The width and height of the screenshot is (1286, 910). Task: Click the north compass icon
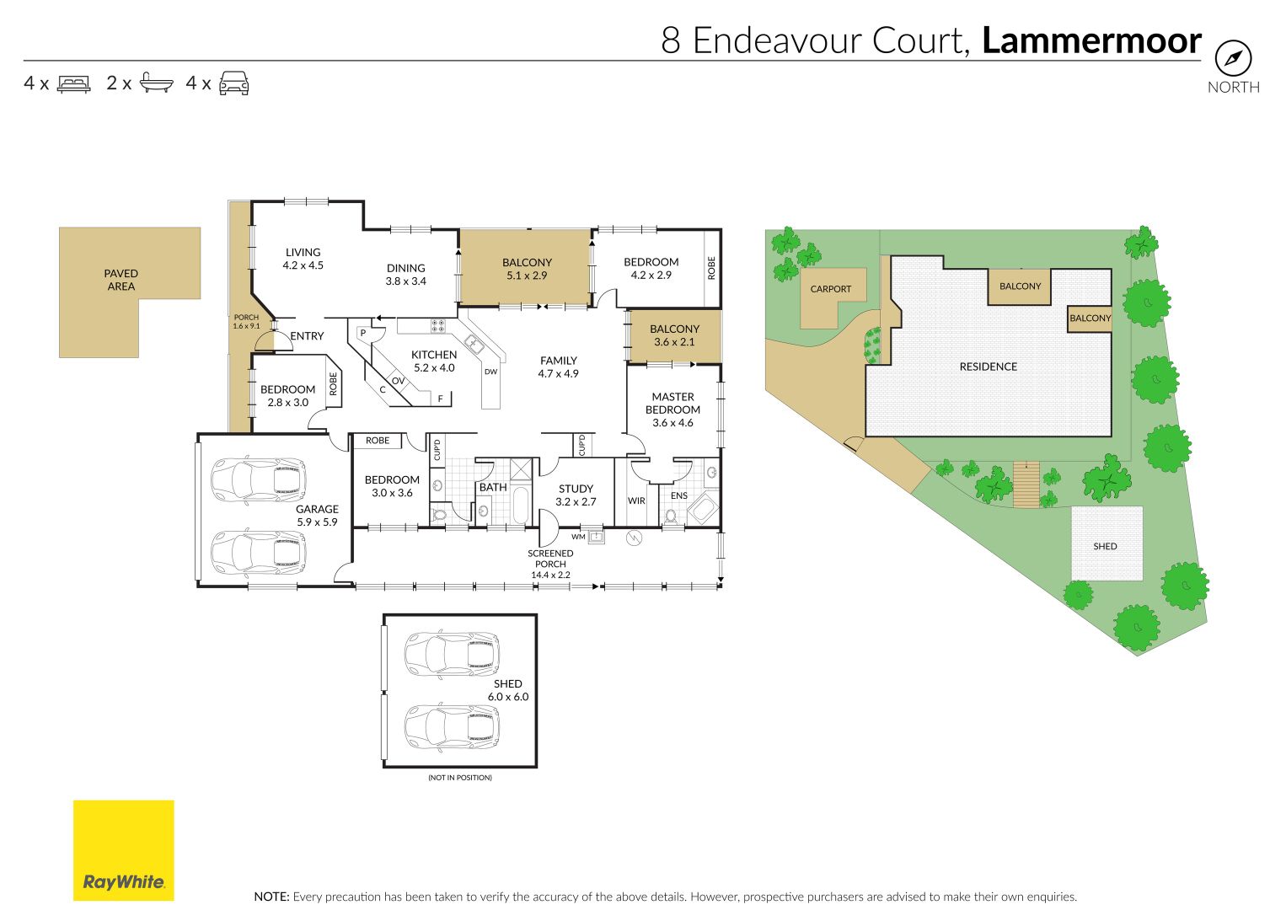pyautogui.click(x=1233, y=58)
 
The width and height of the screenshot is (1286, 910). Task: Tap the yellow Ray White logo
pyautogui.click(x=123, y=850)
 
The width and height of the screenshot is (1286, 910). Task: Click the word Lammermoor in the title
pyautogui.click(x=1092, y=40)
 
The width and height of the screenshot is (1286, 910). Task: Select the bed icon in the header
pyautogui.click(x=73, y=83)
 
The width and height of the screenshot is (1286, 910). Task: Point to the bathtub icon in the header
pyautogui.click(x=156, y=83)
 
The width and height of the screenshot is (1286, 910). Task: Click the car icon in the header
pyautogui.click(x=234, y=83)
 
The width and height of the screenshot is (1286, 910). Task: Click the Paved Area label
pyautogui.click(x=121, y=280)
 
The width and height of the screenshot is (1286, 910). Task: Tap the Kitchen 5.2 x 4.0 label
pyautogui.click(x=434, y=361)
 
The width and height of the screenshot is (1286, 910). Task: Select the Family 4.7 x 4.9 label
pyautogui.click(x=558, y=367)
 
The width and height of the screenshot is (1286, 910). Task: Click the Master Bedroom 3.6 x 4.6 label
pyautogui.click(x=672, y=409)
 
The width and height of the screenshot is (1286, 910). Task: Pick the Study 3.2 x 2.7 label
pyautogui.click(x=576, y=495)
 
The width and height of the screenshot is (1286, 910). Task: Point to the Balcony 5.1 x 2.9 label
pyautogui.click(x=527, y=269)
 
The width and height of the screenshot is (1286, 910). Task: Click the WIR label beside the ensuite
pyautogui.click(x=636, y=500)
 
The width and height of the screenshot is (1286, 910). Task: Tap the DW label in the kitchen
pyautogui.click(x=490, y=372)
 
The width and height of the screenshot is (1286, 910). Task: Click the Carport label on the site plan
pyautogui.click(x=831, y=289)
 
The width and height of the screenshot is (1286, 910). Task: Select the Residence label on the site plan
pyautogui.click(x=988, y=367)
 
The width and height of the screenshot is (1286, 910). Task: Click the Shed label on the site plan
pyautogui.click(x=1105, y=546)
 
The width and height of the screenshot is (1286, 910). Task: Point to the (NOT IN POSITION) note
pyautogui.click(x=460, y=778)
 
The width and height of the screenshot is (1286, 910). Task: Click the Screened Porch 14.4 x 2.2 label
pyautogui.click(x=550, y=564)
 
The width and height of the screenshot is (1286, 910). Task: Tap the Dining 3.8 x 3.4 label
pyautogui.click(x=406, y=275)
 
